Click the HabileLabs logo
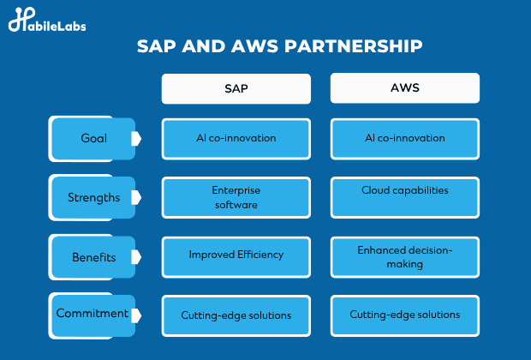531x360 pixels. pyautogui.click(x=47, y=20)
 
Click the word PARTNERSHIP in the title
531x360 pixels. pyautogui.click(x=353, y=46)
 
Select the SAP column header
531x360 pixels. pyautogui.click(x=236, y=88)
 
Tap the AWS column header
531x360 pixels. pyautogui.click(x=405, y=87)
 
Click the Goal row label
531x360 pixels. pyautogui.click(x=93, y=138)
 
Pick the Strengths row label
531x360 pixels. pyautogui.click(x=93, y=197)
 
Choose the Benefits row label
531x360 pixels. pyautogui.click(x=93, y=257)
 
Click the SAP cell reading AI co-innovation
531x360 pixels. pyautogui.click(x=236, y=139)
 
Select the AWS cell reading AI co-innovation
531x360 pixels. pyautogui.click(x=405, y=139)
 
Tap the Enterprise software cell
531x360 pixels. pyautogui.click(x=236, y=197)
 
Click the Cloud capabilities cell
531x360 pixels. pyautogui.click(x=405, y=197)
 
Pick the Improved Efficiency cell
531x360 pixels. pyautogui.click(x=236, y=257)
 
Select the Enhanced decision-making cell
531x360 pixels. pyautogui.click(x=405, y=257)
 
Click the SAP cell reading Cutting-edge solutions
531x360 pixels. pyautogui.click(x=236, y=315)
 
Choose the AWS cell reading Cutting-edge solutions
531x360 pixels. pyautogui.click(x=405, y=315)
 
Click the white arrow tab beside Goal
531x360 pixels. pyautogui.click(x=136, y=139)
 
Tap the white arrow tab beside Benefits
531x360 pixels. pyautogui.click(x=136, y=257)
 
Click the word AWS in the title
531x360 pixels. pyautogui.click(x=254, y=46)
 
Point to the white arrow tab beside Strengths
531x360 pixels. pyautogui.click(x=136, y=197)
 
